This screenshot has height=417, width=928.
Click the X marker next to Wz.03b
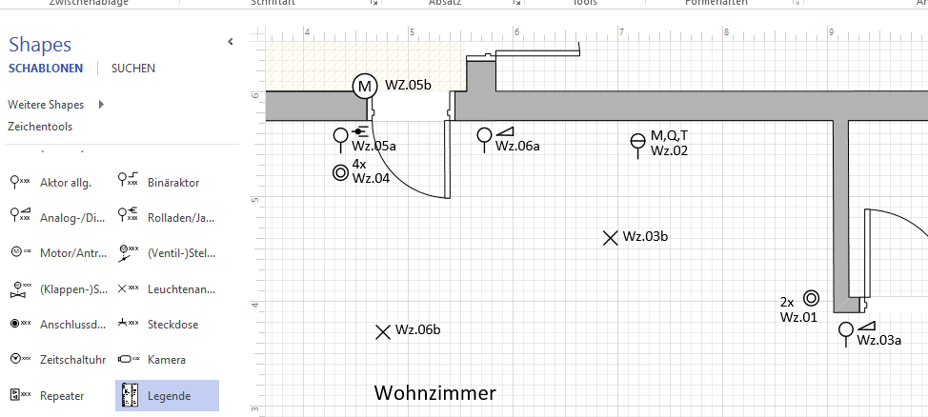611,237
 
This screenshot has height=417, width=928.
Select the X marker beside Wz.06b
383,331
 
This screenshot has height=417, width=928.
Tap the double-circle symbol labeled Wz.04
340,173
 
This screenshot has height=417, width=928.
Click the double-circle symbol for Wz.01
811,298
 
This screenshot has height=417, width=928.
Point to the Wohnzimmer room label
434,393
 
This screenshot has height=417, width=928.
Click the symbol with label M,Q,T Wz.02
638,143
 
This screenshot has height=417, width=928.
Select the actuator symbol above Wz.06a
485,136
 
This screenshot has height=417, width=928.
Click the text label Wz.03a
878,340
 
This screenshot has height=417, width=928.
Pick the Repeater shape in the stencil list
62,395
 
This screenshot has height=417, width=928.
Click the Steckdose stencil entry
172,324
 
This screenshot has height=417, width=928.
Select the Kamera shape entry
166,360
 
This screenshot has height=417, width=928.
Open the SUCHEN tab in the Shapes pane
132,69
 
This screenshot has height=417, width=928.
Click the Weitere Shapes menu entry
46,104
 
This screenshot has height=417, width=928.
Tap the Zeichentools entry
40,126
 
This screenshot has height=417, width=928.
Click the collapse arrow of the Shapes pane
230,42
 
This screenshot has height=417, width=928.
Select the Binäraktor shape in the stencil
173,182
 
